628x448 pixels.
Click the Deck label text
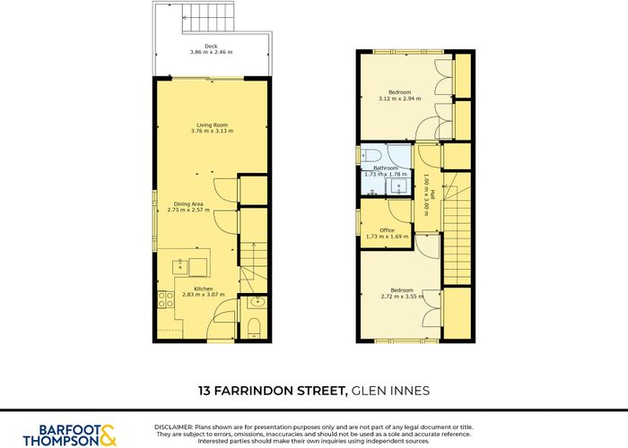coord(211,46)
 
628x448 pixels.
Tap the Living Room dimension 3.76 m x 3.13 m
coord(212,132)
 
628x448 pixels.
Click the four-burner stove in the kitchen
coord(165,301)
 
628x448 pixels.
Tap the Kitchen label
coord(204,288)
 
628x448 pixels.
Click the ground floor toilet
coord(254,325)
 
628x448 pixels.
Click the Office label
coord(387,230)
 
